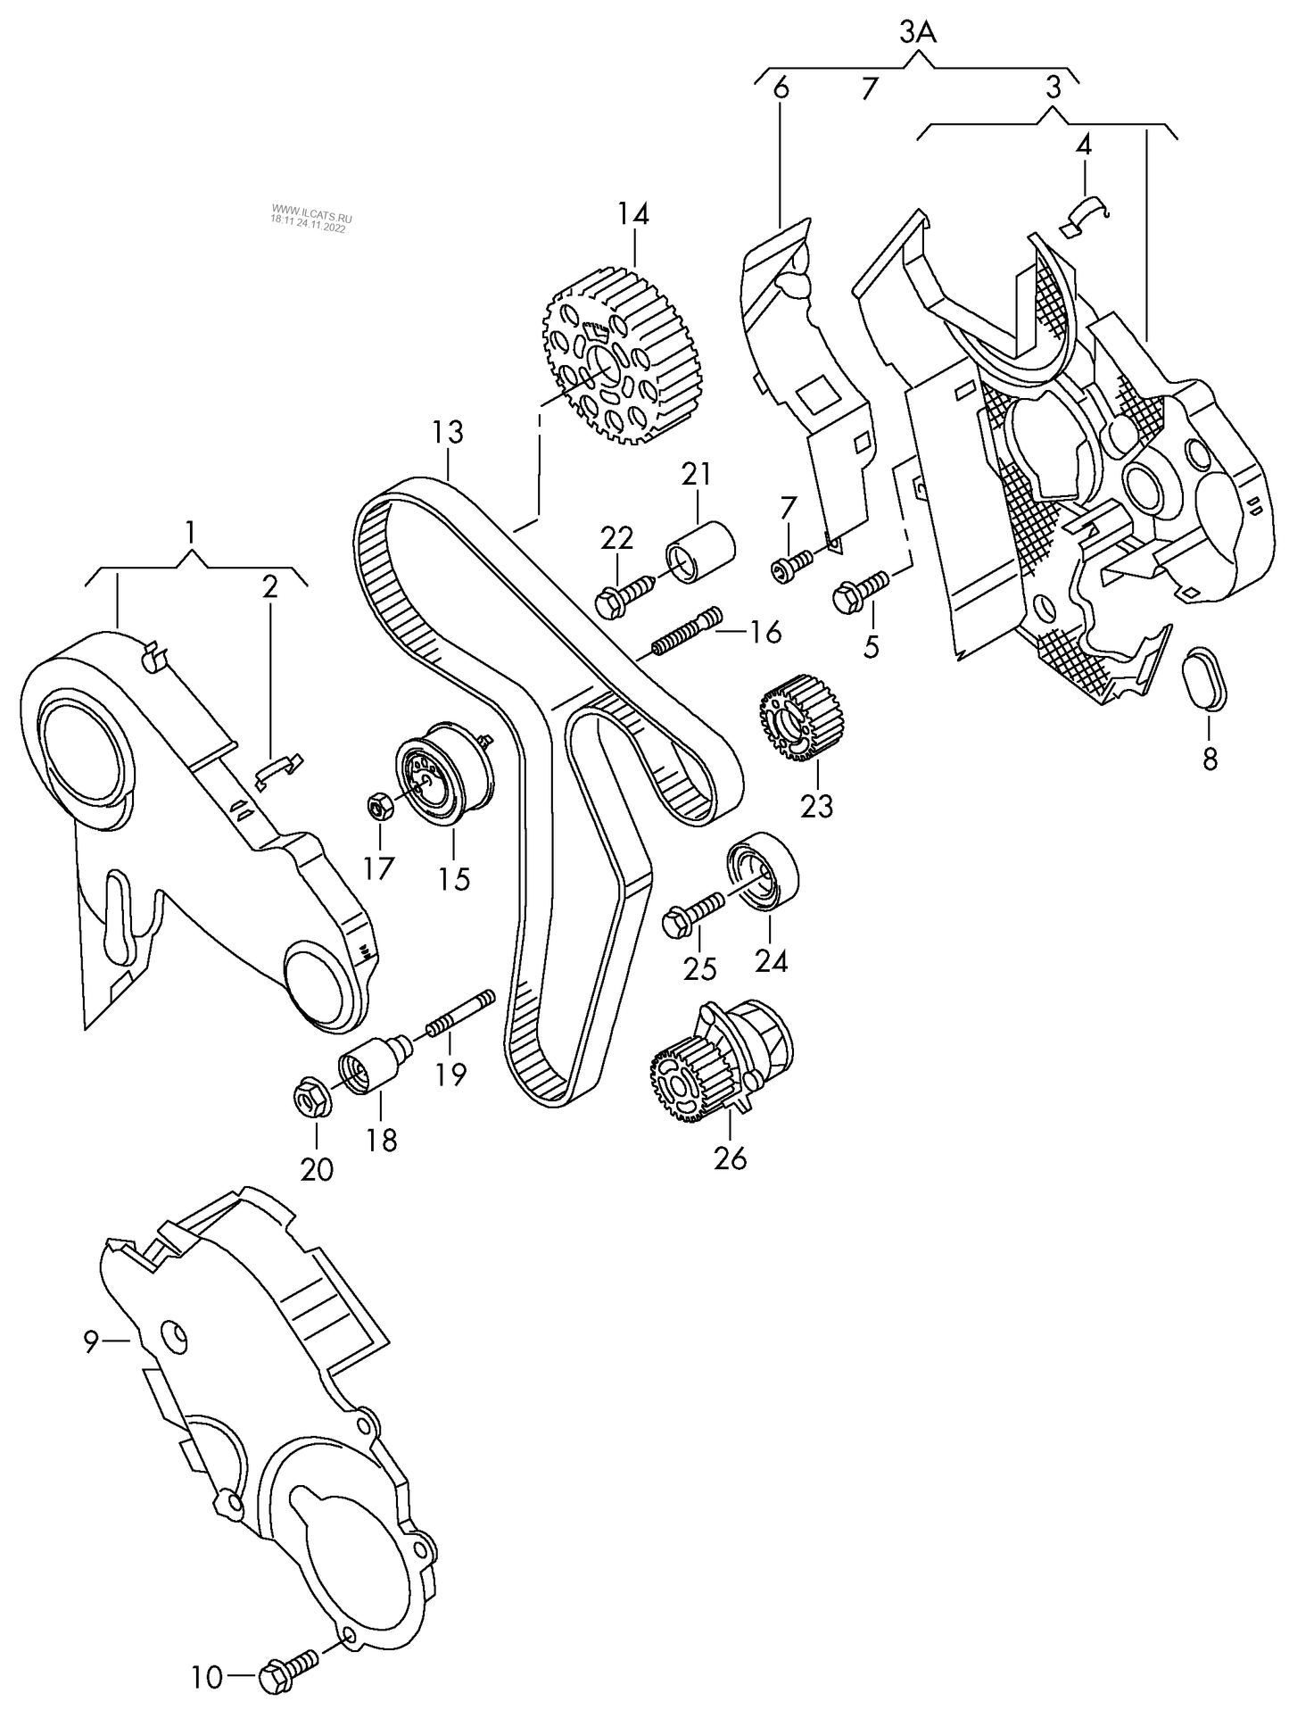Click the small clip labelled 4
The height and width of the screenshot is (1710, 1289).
1084,217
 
